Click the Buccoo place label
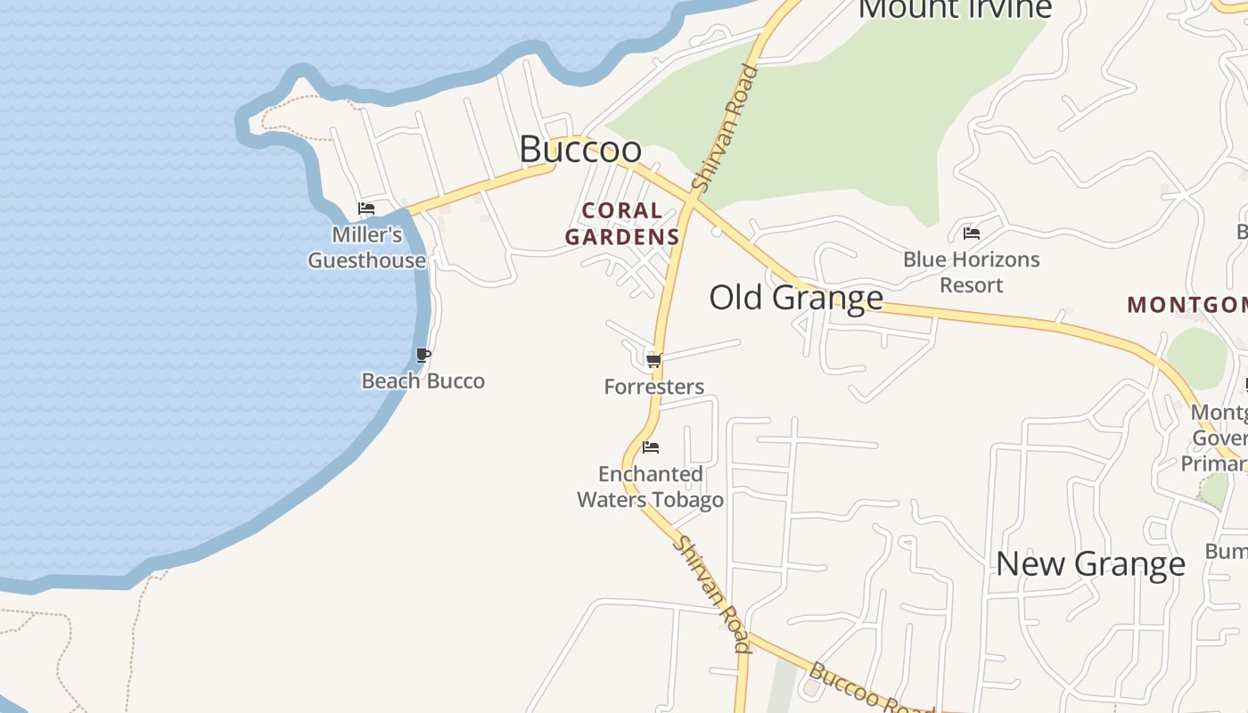[x=580, y=149]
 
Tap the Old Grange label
[x=796, y=297]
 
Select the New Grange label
[x=1090, y=563]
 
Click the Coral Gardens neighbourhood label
[x=622, y=224]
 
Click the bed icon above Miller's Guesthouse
[x=366, y=209]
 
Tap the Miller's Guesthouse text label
[x=367, y=248]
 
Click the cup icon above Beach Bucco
[x=423, y=356]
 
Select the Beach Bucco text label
[x=423, y=381]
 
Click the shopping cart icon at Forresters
[x=653, y=360]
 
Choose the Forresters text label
[x=654, y=387]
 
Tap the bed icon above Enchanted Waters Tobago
[x=651, y=447]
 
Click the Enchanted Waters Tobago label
[x=651, y=487]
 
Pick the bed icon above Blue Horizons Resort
[x=972, y=234]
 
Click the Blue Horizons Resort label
[x=972, y=272]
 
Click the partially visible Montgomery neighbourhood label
[x=1186, y=305]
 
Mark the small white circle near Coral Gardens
[x=717, y=232]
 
